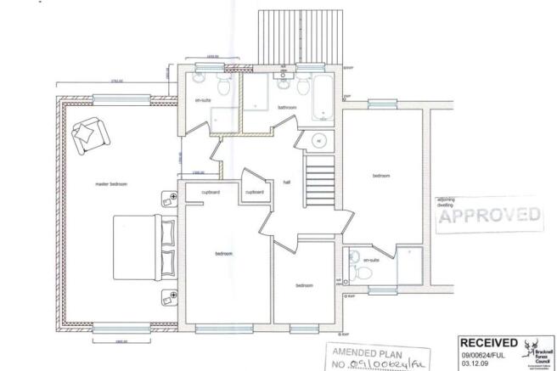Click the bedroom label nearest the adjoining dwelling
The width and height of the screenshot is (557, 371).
tap(381, 176)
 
